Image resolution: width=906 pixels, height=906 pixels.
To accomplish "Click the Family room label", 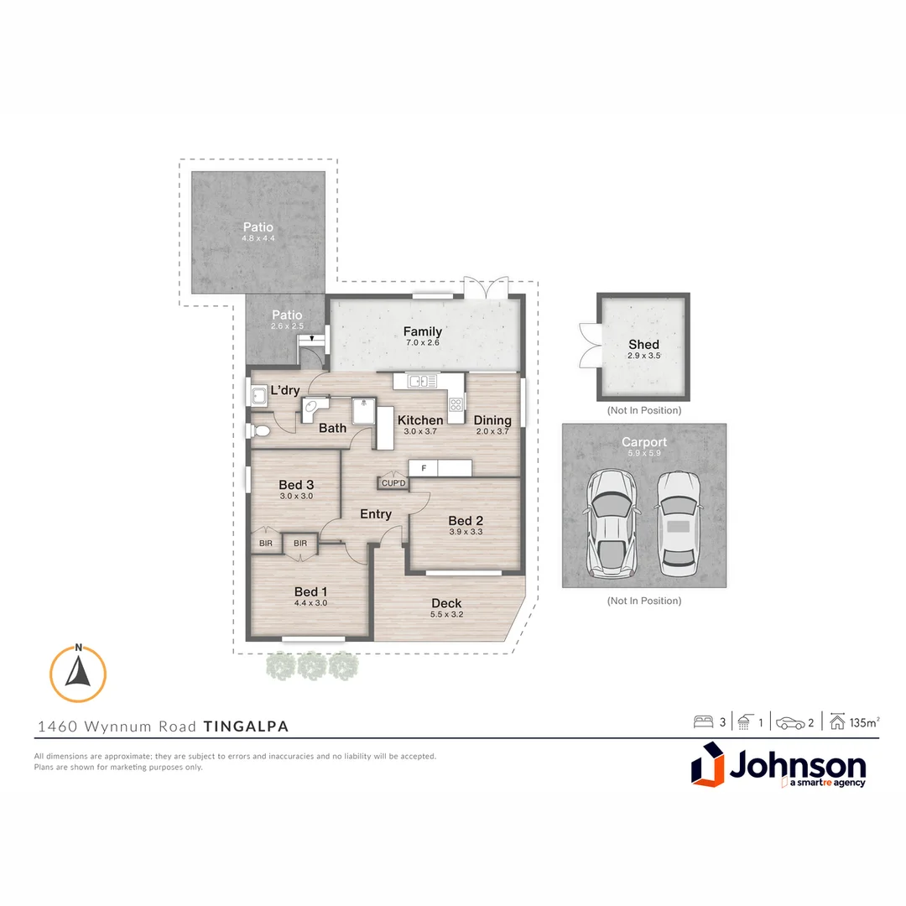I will (x=422, y=331).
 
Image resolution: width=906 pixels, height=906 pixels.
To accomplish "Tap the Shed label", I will (x=643, y=344).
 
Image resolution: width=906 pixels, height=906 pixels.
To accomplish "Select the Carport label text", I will (x=643, y=442).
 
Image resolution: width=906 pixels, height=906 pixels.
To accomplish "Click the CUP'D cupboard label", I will (x=393, y=483).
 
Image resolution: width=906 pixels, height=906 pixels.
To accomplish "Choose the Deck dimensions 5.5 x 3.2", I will (x=446, y=614).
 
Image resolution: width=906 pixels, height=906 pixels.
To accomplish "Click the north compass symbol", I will (x=78, y=674).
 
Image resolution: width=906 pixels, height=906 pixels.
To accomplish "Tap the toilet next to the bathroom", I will (x=259, y=431).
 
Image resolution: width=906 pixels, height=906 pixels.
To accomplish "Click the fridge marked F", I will (x=424, y=468).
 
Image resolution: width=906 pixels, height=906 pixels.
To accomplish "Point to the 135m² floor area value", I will (x=864, y=722).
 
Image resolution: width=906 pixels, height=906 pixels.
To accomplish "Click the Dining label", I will (x=492, y=420).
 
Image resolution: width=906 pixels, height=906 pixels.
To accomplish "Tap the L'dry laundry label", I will (x=284, y=391).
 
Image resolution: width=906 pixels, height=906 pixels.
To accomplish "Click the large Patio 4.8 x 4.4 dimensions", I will (x=258, y=238).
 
